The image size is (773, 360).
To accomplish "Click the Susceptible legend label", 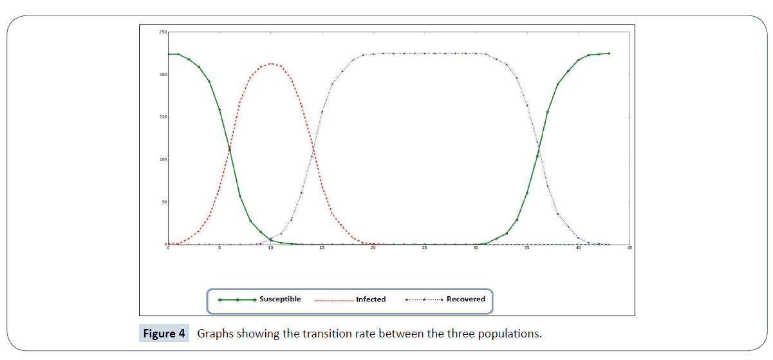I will (280, 299).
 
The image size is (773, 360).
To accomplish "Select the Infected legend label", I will (371, 299).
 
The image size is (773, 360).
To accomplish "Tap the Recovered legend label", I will (466, 299).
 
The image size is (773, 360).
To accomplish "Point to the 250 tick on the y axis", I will (163, 32).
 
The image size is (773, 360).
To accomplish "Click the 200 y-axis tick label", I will (163, 75).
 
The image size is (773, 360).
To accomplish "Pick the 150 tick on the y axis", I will (163, 117).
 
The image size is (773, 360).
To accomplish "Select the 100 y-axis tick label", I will (163, 160).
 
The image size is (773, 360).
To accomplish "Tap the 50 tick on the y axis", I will (163, 202).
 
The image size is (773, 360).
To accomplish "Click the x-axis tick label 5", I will (219, 248).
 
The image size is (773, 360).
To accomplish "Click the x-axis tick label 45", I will (629, 248).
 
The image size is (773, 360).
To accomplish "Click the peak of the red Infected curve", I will (271, 64).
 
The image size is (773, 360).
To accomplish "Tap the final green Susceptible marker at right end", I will (609, 53).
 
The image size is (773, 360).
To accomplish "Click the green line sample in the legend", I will (237, 300).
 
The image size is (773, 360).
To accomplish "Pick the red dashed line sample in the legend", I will (334, 300).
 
